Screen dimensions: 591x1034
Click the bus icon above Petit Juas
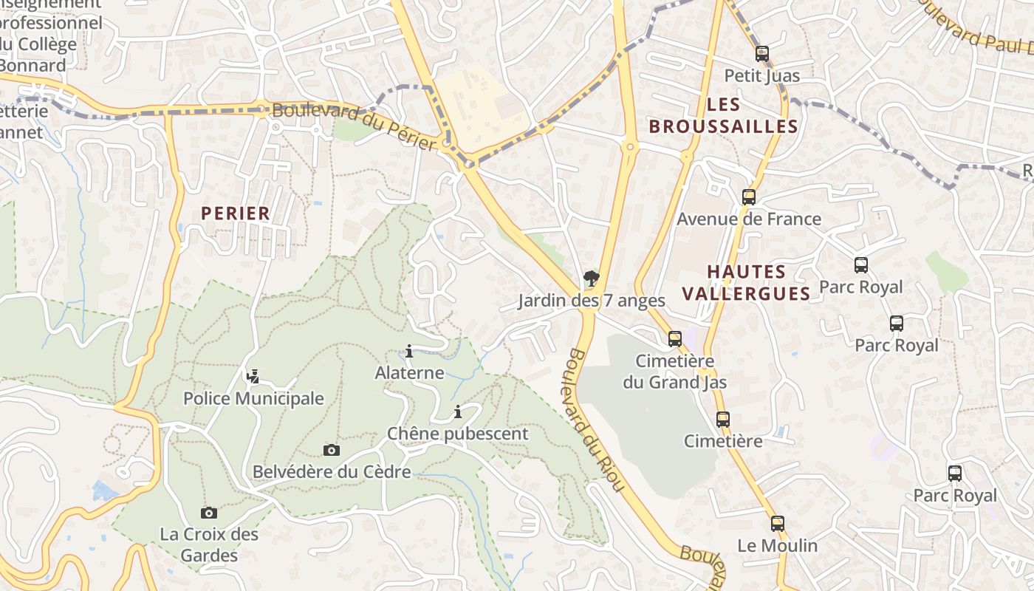tap(762, 54)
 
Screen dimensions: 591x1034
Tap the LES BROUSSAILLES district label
tap(723, 115)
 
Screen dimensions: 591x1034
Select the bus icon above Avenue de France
tap(749, 197)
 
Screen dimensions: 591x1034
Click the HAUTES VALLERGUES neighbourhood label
tap(746, 282)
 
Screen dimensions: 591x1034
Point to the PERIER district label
tap(236, 213)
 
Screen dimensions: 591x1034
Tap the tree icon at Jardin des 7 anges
tap(591, 279)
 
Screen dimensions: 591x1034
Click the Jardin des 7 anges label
tap(591, 301)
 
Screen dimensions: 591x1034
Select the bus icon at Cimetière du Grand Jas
tap(675, 339)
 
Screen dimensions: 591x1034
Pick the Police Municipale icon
tap(253, 377)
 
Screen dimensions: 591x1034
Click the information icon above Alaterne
tap(409, 351)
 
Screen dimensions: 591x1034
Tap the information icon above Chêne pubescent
tap(458, 411)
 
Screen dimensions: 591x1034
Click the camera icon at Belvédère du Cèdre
tap(332, 450)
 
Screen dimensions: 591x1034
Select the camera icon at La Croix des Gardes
tap(209, 513)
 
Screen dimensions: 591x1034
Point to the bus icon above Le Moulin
tap(777, 524)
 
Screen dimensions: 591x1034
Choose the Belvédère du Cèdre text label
tap(332, 471)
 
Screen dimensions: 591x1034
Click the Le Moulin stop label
tap(777, 546)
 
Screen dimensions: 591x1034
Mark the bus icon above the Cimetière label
tap(723, 420)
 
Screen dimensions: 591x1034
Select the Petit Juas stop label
tap(761, 75)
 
